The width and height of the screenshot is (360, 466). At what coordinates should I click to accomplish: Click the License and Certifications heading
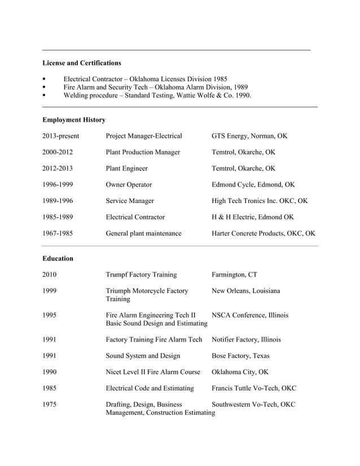click(x=82, y=63)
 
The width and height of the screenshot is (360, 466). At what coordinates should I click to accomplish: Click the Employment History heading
click(x=74, y=120)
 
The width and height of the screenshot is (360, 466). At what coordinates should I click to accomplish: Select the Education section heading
click(x=58, y=258)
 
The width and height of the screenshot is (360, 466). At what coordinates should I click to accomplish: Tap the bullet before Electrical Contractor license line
click(x=44, y=80)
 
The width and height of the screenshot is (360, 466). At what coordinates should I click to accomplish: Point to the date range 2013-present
click(x=61, y=136)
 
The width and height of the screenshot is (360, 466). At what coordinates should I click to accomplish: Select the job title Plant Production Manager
click(x=143, y=152)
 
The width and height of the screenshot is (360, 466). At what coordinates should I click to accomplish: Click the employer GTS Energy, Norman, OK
click(x=249, y=136)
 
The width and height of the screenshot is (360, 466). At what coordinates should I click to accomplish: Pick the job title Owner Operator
click(x=129, y=184)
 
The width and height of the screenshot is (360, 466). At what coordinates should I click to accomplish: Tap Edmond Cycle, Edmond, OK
click(x=253, y=184)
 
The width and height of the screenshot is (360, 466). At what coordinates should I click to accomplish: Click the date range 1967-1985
click(x=58, y=233)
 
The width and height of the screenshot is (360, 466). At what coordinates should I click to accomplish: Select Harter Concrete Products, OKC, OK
click(x=263, y=233)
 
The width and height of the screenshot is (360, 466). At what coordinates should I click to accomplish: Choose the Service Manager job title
click(x=130, y=201)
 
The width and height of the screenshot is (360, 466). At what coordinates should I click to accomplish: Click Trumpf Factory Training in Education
click(x=141, y=275)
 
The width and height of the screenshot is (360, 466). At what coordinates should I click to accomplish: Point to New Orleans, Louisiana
click(x=245, y=291)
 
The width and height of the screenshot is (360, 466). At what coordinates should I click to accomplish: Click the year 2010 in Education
click(x=50, y=275)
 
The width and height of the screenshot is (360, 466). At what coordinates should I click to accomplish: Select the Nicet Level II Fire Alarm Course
click(x=153, y=372)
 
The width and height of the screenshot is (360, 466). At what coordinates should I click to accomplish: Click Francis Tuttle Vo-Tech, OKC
click(x=253, y=388)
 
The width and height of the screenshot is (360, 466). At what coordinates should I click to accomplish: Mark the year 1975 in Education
click(x=50, y=405)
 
